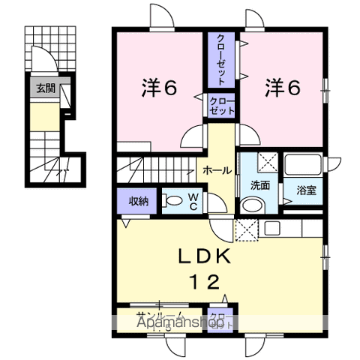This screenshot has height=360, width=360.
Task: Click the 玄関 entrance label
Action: (x=45, y=88)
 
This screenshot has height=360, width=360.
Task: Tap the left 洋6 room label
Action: (x=158, y=88)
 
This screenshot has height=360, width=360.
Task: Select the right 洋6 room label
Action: (x=282, y=88)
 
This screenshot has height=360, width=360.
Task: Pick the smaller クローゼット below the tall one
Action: (x=223, y=105)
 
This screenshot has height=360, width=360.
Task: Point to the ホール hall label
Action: (x=217, y=171)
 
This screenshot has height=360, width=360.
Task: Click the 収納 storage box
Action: (x=137, y=200)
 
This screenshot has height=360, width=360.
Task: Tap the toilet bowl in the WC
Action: (x=174, y=200)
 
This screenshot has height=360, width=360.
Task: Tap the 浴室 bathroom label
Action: (x=305, y=190)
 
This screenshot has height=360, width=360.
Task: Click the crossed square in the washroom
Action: (x=267, y=160)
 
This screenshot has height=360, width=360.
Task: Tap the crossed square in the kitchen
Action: (x=246, y=229)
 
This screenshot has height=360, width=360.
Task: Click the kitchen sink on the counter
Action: (x=273, y=226)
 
